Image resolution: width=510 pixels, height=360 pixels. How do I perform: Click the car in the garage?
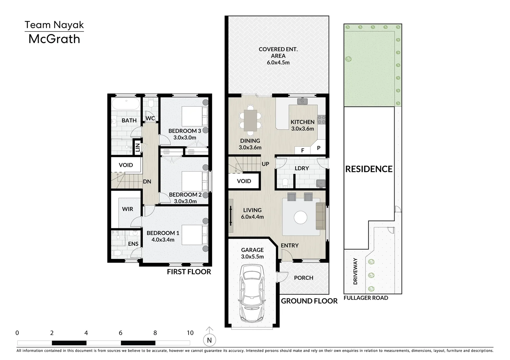tap(252, 293)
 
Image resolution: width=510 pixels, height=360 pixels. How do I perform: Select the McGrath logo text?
tap(54, 39)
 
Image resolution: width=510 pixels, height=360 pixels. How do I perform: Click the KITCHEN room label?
tap(302, 122)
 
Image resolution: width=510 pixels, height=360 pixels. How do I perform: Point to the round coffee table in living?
tap(300, 217)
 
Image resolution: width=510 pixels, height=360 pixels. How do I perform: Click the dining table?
tap(250, 120)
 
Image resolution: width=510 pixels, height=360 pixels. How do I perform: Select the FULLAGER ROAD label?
tap(366, 298)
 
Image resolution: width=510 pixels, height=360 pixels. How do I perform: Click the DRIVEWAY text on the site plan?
tap(356, 271)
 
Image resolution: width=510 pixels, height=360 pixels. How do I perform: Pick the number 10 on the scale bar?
tap(190, 333)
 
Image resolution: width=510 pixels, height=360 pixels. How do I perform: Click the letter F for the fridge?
tap(303, 150)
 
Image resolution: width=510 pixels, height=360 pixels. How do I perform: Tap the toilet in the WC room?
tap(150, 103)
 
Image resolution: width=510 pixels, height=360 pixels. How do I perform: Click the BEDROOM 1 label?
tap(163, 233)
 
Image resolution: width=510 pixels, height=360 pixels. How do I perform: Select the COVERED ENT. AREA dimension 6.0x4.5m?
tap(278, 62)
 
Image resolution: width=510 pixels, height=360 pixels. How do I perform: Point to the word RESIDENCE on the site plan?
tap(369, 169)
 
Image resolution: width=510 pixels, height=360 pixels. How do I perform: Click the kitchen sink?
tap(302, 101)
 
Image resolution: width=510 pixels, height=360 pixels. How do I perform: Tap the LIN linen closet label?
tap(138, 147)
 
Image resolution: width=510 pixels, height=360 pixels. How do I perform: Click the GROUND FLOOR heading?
tap(309, 301)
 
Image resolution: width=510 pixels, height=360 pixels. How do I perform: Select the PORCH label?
tap(304, 278)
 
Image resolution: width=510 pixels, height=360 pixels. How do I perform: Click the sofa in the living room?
tap(320, 216)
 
